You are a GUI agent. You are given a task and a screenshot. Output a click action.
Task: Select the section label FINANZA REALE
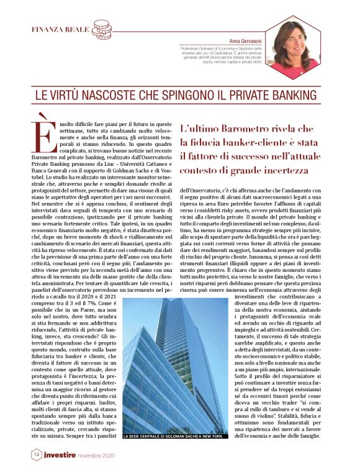60,30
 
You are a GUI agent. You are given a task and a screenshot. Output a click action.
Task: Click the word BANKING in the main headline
297,97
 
